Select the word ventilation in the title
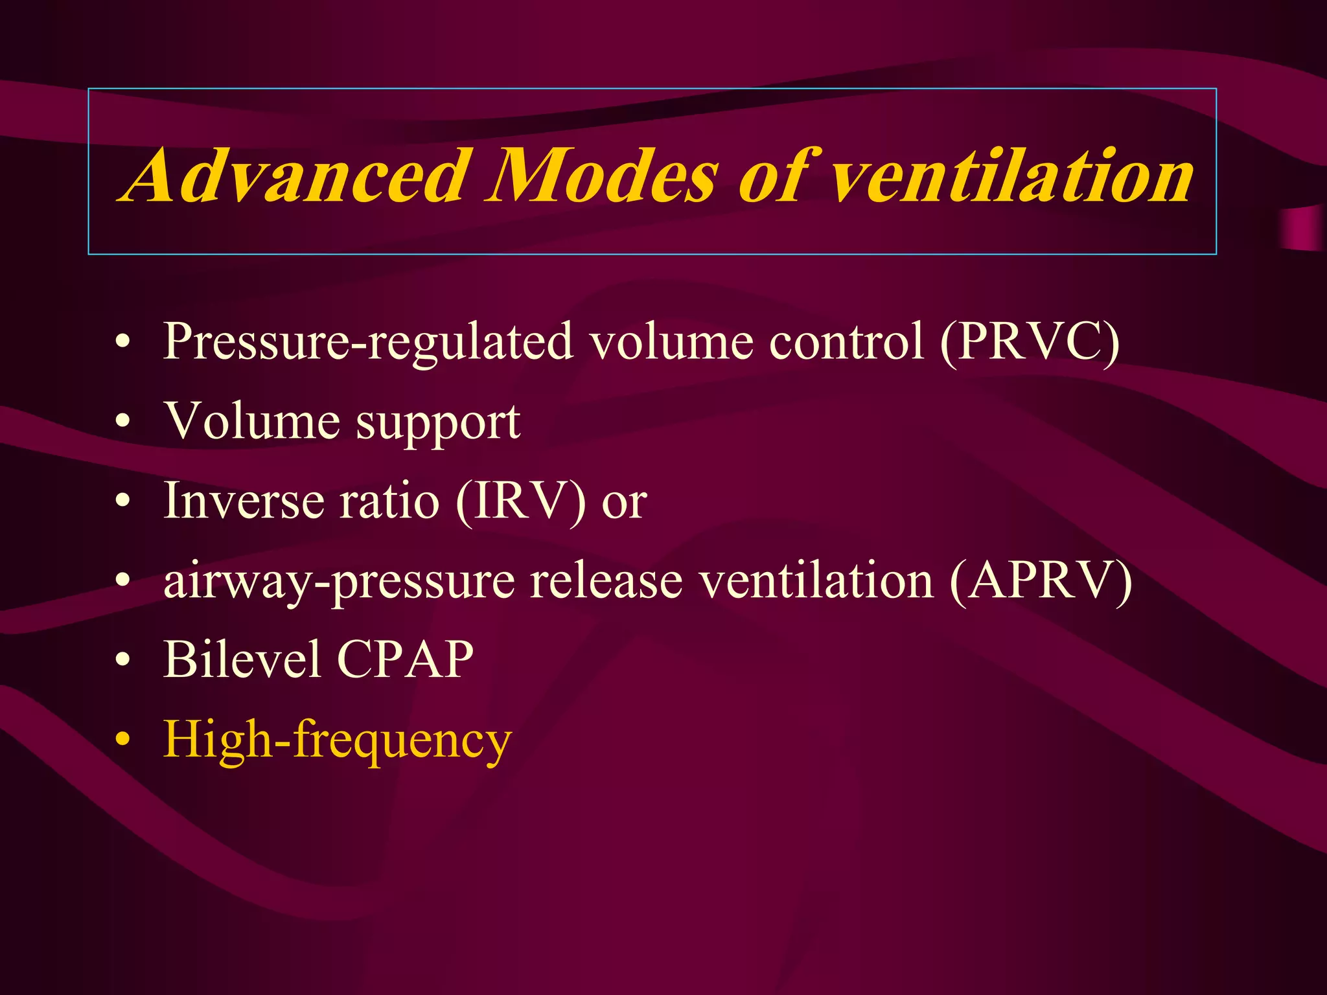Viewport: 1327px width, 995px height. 1011,175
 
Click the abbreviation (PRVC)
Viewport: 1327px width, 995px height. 1030,341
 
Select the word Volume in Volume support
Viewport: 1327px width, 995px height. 252,421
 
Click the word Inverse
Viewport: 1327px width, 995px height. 243,501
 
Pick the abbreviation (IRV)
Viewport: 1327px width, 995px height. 521,501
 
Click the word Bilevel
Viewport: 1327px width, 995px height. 242,659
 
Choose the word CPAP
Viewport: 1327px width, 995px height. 405,659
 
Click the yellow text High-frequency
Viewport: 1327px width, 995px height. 338,740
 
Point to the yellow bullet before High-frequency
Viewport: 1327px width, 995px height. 122,740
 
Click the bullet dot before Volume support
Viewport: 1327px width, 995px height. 122,422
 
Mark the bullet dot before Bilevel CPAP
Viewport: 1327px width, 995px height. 122,661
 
